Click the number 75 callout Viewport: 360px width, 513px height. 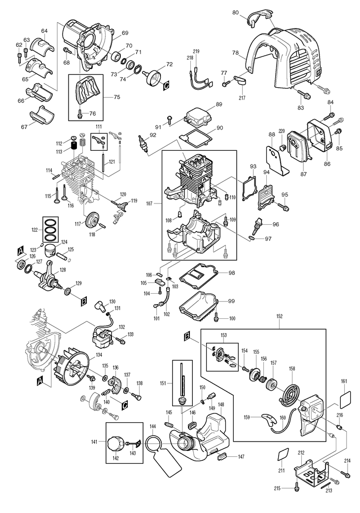point(116,97)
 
